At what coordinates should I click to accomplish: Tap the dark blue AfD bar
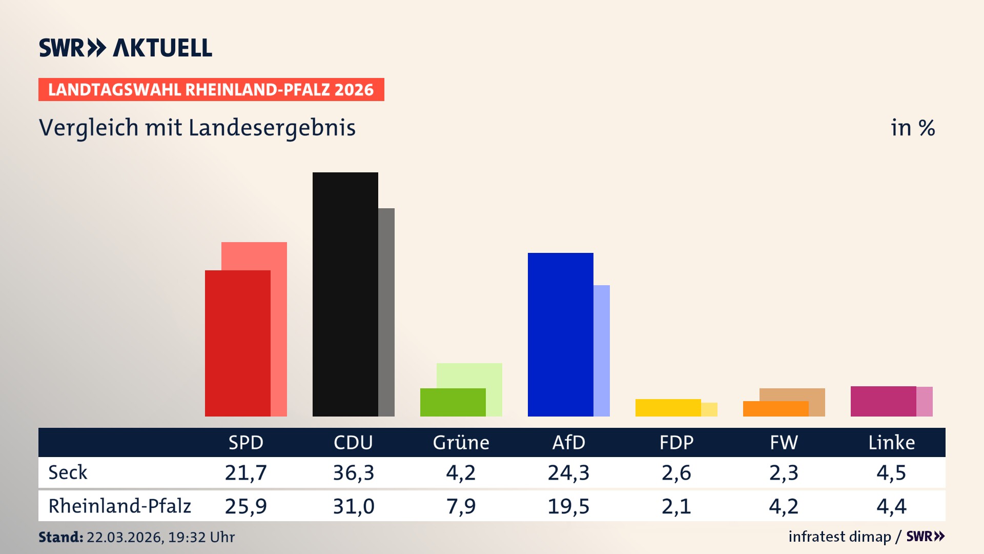coord(561,334)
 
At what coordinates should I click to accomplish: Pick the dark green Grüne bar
coord(453,402)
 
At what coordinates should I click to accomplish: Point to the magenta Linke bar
coord(884,401)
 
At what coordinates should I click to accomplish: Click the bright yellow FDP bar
coord(668,408)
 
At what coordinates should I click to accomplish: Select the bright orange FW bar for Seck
coord(776,409)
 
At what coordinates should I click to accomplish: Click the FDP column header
coord(676,442)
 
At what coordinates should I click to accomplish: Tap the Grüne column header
coord(461,442)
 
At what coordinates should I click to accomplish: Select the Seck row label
coord(68,472)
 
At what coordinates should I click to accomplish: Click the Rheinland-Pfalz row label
coord(119,506)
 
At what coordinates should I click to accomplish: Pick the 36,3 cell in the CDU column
coord(354,472)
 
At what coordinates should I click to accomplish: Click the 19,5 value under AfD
coord(569,506)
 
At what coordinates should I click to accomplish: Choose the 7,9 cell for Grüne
coord(461,506)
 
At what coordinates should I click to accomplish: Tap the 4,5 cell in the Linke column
coord(892,472)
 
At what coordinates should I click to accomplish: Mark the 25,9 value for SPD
coord(246,506)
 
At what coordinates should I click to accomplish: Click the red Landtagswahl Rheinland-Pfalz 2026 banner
coord(211,90)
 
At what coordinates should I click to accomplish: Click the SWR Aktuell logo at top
coord(126,48)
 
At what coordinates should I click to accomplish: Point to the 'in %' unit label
coord(913,128)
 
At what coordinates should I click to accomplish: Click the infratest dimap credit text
coord(839,537)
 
